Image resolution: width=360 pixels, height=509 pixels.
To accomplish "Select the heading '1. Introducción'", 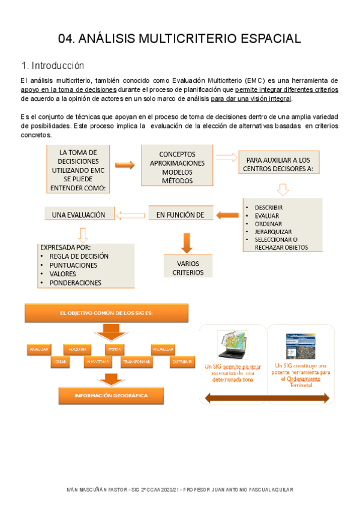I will pyautogui.click(x=52, y=65).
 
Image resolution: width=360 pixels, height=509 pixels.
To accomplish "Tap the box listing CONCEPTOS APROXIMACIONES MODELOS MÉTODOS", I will pyautogui.click(x=176, y=166).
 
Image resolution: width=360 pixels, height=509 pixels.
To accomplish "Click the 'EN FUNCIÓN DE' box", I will pyautogui.click(x=181, y=214).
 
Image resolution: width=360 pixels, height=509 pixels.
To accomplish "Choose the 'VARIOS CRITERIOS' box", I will pyautogui.click(x=188, y=268).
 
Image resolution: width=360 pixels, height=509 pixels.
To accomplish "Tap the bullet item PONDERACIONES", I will pyautogui.click(x=75, y=283).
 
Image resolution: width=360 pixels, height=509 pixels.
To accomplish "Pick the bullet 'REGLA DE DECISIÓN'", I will pyautogui.click(x=79, y=256).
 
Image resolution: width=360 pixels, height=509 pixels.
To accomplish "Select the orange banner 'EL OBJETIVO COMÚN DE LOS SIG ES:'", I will pyautogui.click(x=106, y=313).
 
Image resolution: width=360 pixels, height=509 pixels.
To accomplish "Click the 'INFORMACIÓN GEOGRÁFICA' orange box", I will pyautogui.click(x=110, y=395).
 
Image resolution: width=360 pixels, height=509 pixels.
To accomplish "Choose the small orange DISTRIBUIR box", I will pyautogui.click(x=182, y=362).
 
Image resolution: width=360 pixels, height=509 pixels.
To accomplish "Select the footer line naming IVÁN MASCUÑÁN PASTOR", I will pyautogui.click(x=179, y=490).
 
